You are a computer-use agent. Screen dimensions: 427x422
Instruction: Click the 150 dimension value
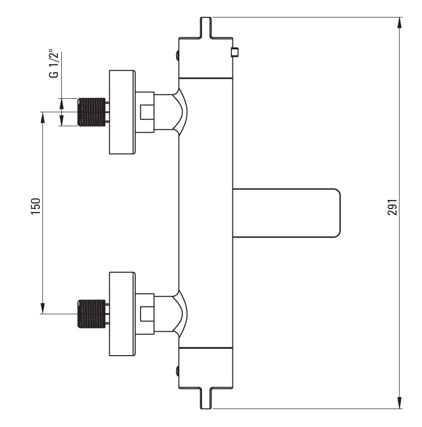tap(35, 206)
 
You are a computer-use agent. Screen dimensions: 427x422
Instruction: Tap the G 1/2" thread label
tap(53, 64)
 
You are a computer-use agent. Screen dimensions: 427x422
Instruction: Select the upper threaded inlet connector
tap(92, 111)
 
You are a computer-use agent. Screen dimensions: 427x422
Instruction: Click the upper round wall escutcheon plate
tap(122, 112)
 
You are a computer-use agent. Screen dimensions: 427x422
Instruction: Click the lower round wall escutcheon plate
tap(122, 314)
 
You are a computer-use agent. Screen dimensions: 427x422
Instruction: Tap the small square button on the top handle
tap(235, 52)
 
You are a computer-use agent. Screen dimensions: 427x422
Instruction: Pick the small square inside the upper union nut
tap(146, 112)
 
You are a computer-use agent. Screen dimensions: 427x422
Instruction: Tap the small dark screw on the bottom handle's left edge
tap(177, 371)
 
